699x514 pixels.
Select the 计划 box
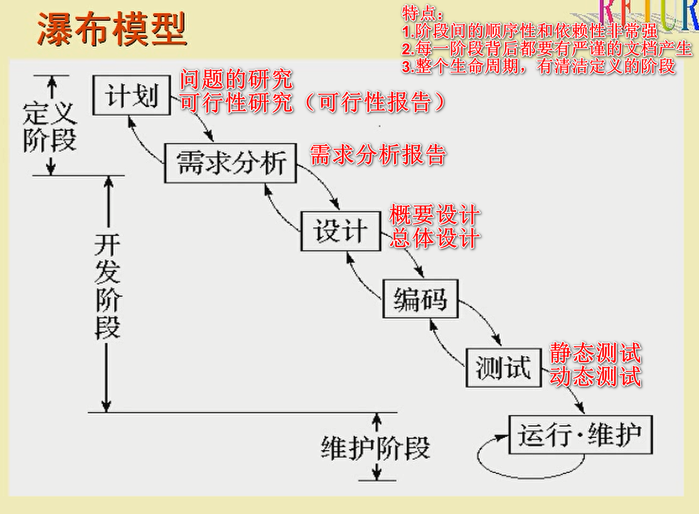point(131,96)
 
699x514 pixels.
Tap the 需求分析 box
point(231,163)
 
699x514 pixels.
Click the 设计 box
point(339,231)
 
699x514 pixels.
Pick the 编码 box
point(420,298)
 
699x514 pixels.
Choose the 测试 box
point(503,366)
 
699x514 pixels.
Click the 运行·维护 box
point(580,435)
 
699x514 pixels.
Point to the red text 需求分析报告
point(378,155)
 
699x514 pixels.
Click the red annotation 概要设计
point(435,216)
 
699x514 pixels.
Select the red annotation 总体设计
point(435,239)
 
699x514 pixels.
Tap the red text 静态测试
point(595,353)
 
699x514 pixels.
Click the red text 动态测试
point(595,376)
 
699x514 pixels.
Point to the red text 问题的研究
point(237,80)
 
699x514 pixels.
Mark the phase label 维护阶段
point(375,449)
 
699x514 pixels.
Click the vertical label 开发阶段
point(107,286)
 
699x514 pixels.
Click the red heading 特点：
point(423,13)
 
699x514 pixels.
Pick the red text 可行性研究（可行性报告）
point(314,103)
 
